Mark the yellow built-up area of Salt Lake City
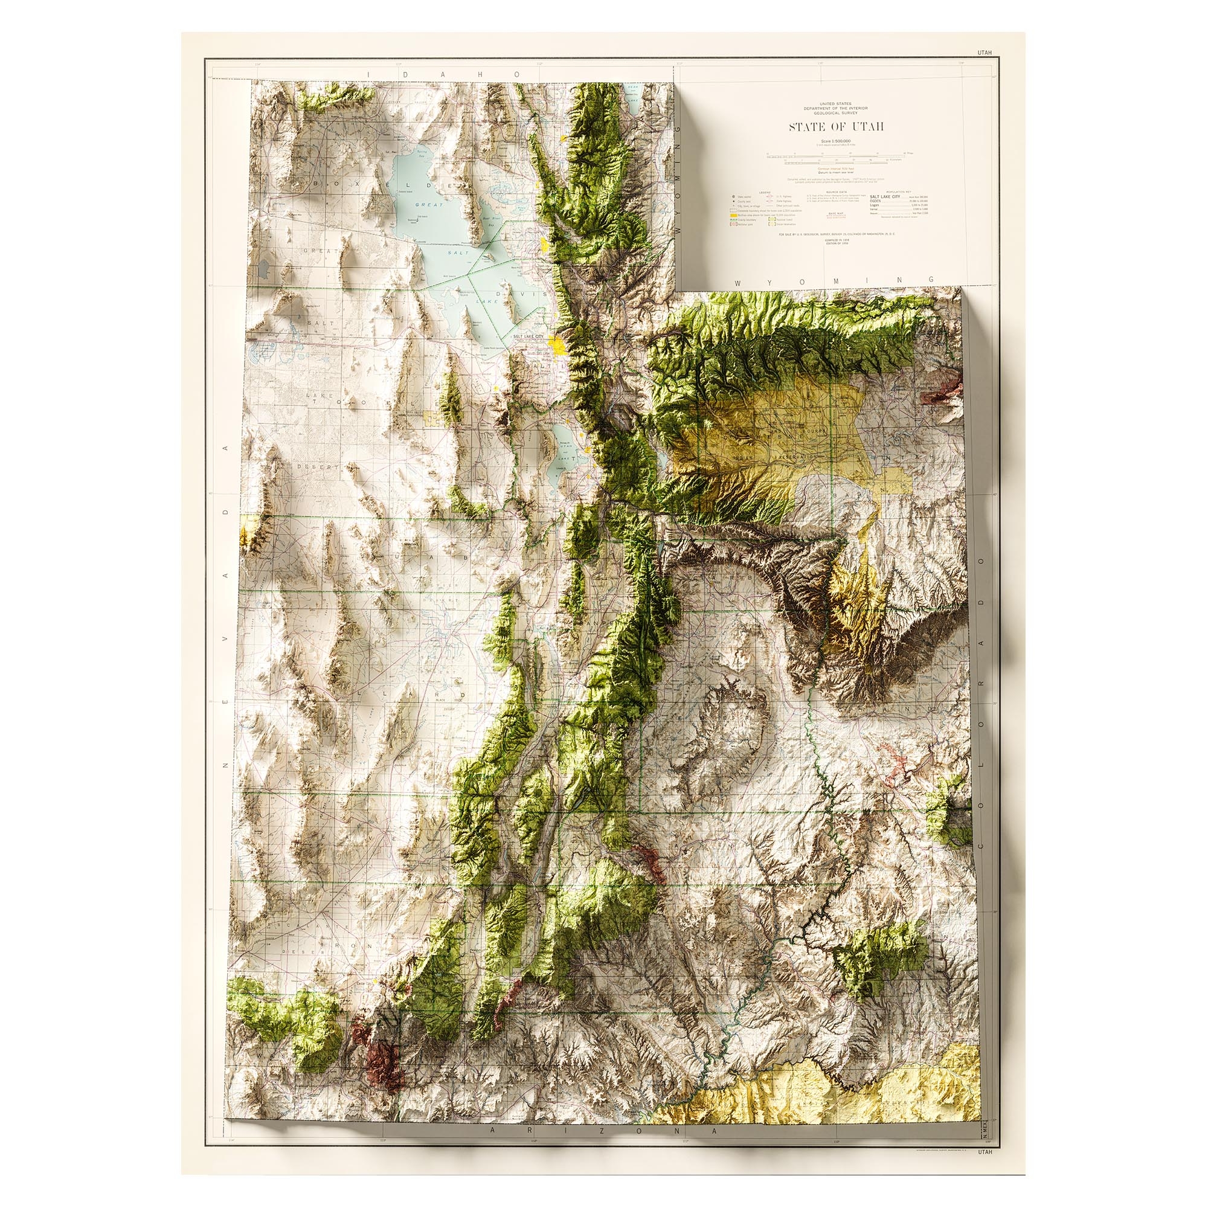click(555, 342)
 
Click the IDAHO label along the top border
click(443, 74)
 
